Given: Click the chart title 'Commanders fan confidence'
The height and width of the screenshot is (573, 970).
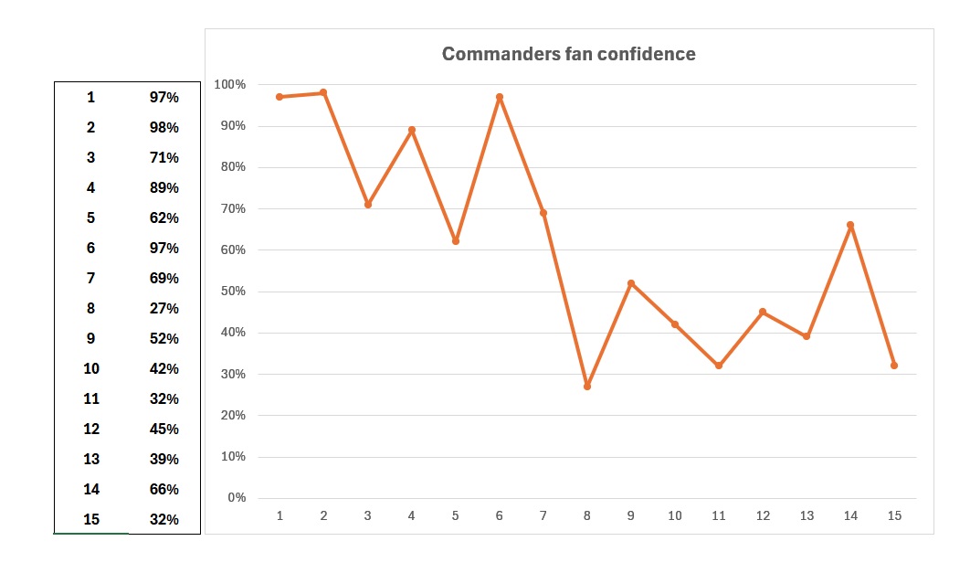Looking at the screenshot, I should [x=568, y=54].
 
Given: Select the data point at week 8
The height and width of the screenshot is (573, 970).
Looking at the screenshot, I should [x=587, y=387].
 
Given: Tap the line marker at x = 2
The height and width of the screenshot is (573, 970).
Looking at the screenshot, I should [x=323, y=92].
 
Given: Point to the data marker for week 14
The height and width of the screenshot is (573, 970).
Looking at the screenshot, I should [x=850, y=225].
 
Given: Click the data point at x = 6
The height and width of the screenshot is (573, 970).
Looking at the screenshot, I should [x=500, y=97].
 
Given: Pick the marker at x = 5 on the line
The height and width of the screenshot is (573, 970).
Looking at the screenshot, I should [x=456, y=241].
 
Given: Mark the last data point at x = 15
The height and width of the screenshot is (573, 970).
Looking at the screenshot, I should [x=894, y=366].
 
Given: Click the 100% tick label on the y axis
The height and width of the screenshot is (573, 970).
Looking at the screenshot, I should [x=229, y=85].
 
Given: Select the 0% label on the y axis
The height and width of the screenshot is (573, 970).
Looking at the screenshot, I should [x=236, y=498].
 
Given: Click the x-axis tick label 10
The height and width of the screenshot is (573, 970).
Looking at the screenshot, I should [x=675, y=516].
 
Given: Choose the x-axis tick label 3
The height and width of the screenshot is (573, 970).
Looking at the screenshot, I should [x=367, y=516].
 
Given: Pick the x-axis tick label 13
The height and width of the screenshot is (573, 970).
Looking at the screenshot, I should [x=807, y=516].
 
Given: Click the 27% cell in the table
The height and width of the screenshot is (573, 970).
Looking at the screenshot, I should [x=164, y=309].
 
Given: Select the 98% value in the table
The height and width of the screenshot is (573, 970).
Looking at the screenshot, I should [x=164, y=128].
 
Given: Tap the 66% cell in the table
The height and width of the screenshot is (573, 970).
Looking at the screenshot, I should [x=164, y=490].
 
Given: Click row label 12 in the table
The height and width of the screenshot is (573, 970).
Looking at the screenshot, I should [x=91, y=430].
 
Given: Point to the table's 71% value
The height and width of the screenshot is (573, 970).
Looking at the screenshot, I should [x=164, y=158].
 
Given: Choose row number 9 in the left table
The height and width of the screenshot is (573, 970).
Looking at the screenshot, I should [x=91, y=339].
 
